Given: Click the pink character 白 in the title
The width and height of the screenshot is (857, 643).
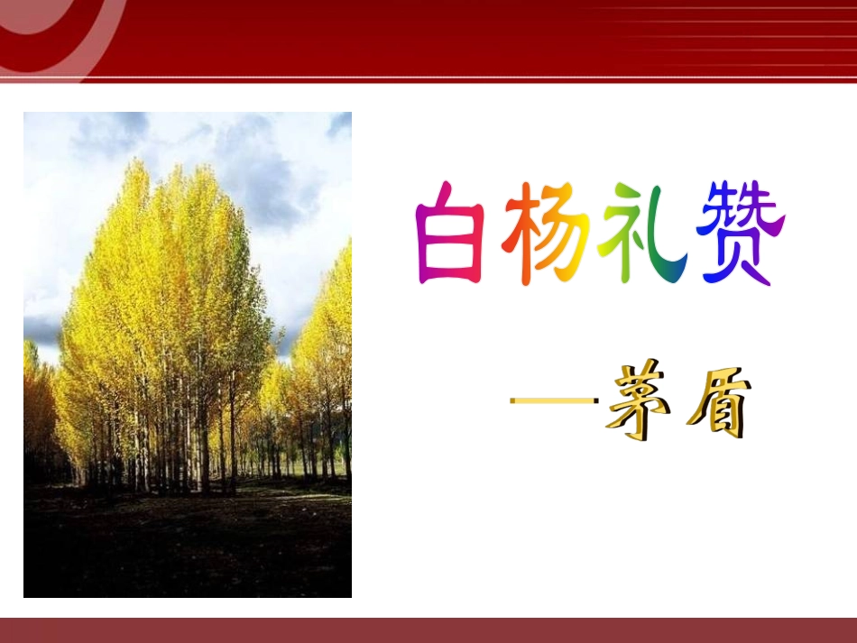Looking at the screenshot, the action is pyautogui.click(x=450, y=234).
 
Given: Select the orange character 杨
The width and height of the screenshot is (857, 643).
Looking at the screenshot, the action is pyautogui.click(x=546, y=234).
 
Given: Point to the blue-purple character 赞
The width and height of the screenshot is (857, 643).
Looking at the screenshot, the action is pyautogui.click(x=741, y=234).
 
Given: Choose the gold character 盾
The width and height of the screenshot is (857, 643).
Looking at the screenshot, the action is pyautogui.click(x=719, y=404).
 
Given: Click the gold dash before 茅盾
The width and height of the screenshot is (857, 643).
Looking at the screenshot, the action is pyautogui.click(x=554, y=400).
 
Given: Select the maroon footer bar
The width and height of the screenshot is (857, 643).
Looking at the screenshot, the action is pyautogui.click(x=428, y=630).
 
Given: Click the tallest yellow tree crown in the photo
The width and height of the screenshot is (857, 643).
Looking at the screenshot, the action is pyautogui.click(x=164, y=262).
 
